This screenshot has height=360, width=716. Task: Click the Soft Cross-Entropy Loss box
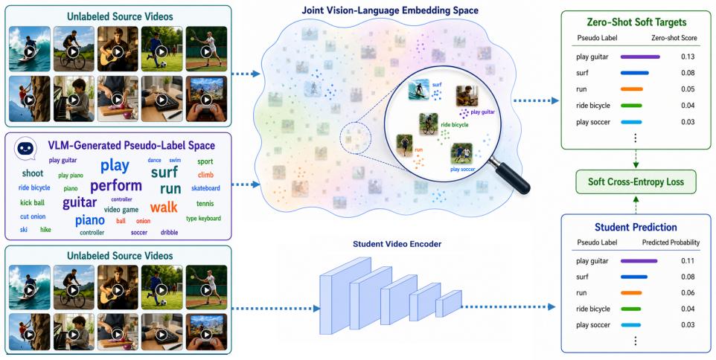pos(636,181)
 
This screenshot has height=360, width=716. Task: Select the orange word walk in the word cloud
pos(164,208)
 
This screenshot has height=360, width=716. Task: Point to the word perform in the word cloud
pos(116,186)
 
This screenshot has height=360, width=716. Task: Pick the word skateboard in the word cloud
pos(205,188)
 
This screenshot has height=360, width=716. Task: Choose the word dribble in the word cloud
pos(170,232)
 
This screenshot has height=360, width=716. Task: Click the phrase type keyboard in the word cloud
pos(204,219)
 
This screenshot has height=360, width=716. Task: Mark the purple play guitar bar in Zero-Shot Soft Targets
pos(640,57)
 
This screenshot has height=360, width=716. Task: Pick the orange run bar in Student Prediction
pos(631,293)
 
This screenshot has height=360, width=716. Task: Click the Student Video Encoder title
pos(397,244)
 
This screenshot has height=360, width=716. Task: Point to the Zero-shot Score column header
pos(674,38)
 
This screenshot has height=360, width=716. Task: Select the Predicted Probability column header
pos(671,242)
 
